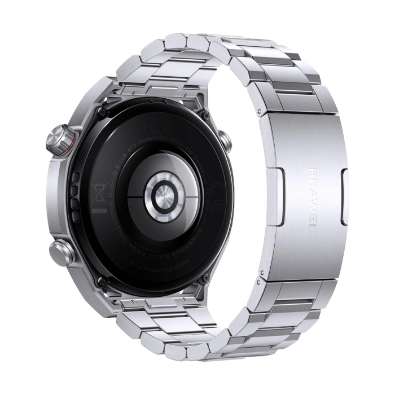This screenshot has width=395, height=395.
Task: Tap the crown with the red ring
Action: coord(59,139)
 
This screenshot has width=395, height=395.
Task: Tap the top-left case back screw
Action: coord(102,113)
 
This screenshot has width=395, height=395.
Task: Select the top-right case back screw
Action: coord(205,116)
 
